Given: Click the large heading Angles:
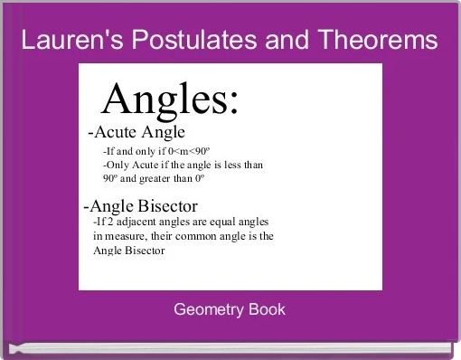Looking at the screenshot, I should click(x=171, y=99).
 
